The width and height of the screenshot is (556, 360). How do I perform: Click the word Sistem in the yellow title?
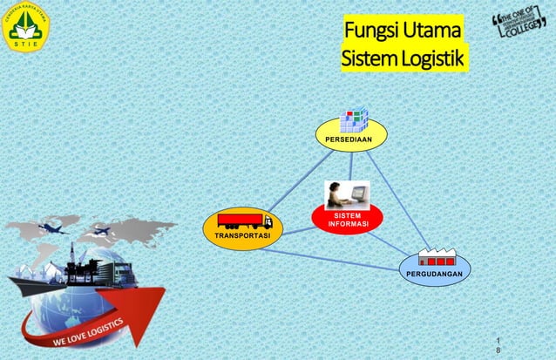coord(367,59)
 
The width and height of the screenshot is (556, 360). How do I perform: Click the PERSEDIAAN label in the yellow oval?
coord(351,137)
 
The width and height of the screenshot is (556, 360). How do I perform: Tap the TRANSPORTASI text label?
coord(241,237)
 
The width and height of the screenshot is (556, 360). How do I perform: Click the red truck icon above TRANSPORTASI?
coord(244,221)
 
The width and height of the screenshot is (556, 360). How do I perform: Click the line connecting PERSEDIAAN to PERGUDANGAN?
coord(397,196)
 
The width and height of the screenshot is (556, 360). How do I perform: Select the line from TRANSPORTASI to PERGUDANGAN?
coord(331,259)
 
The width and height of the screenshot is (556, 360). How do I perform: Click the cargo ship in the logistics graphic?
coord(44,279)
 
